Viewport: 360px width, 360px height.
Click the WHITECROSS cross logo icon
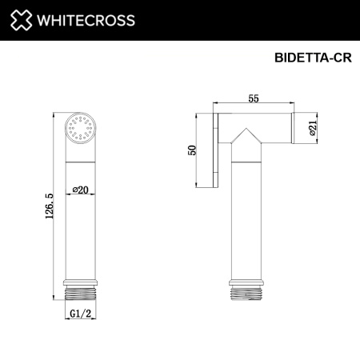click(x=21, y=20)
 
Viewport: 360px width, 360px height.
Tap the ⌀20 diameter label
click(x=79, y=189)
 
